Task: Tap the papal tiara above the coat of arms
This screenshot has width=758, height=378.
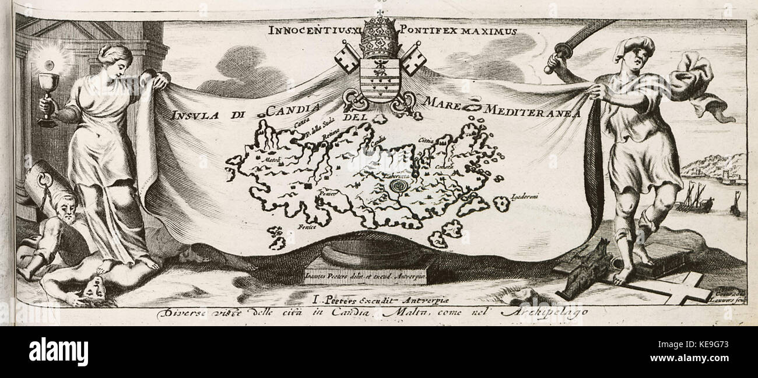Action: (378, 38)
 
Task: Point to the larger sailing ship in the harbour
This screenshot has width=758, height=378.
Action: (694, 200)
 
